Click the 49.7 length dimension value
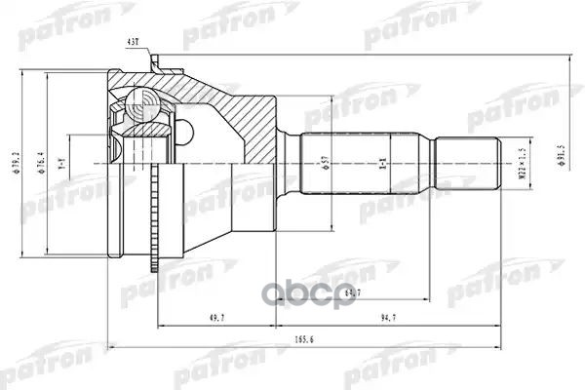tap(192, 318)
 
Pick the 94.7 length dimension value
tap(390, 318)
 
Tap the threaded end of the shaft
tap(468, 161)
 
